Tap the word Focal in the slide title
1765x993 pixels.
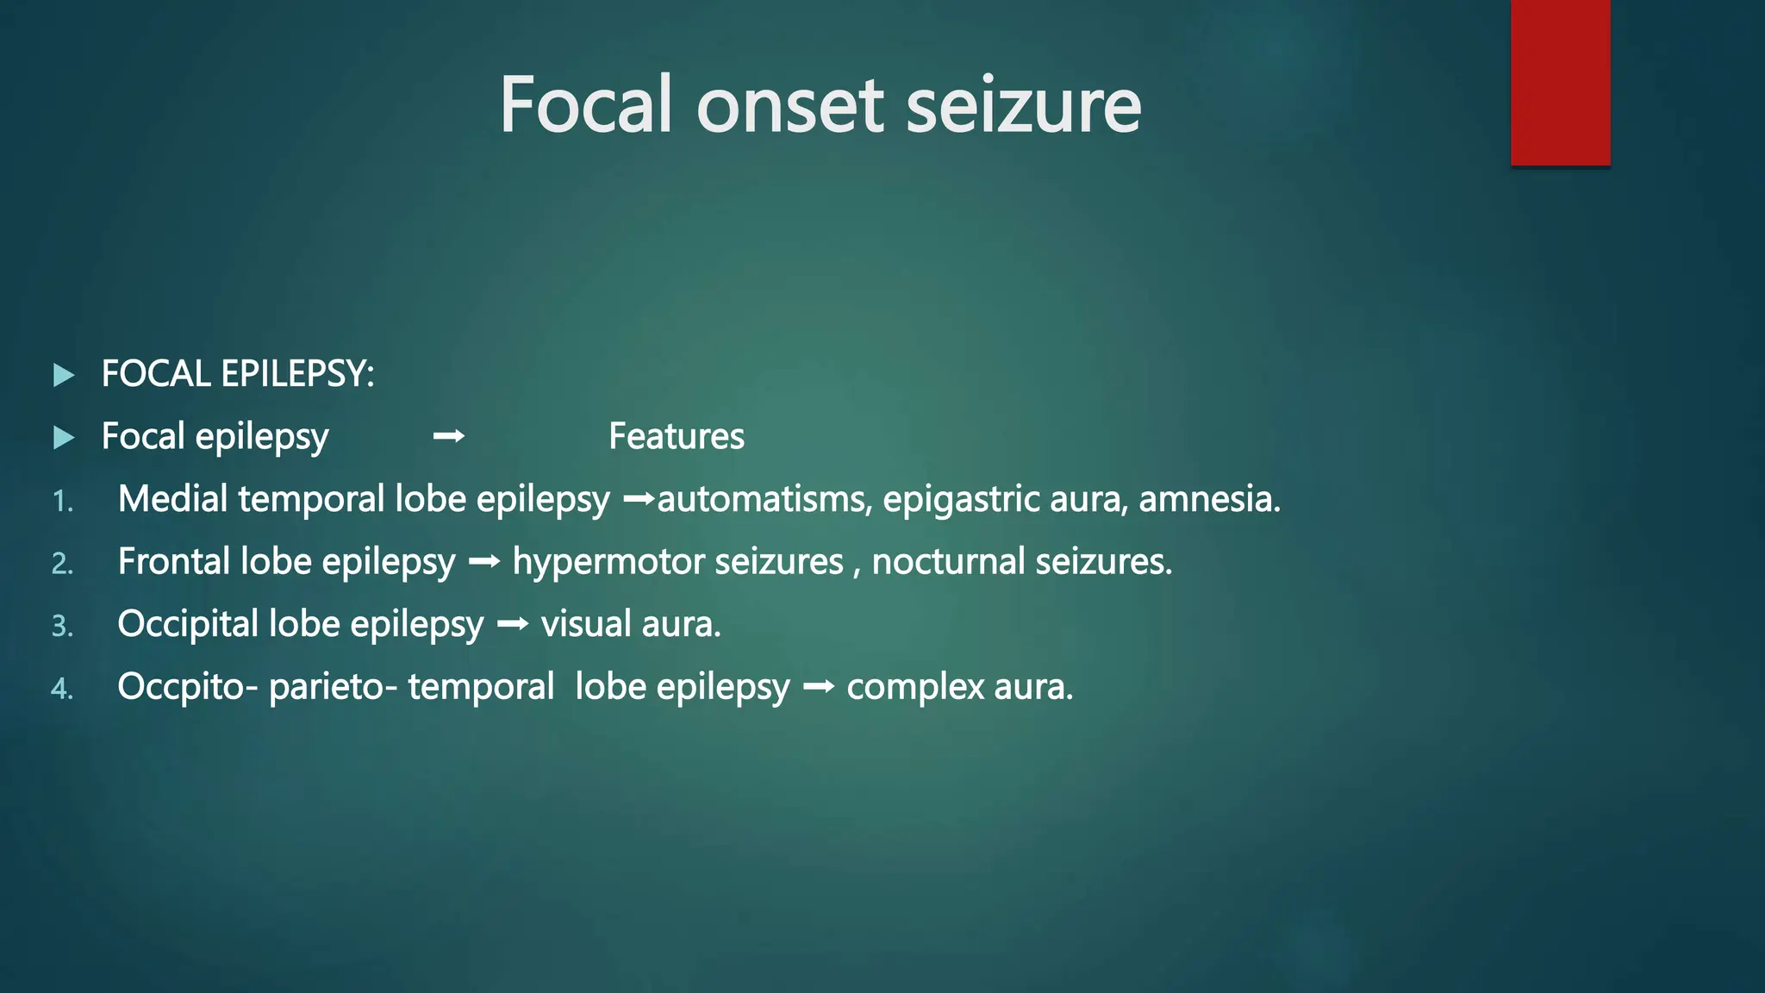click(586, 105)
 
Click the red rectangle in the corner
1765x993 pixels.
click(1560, 83)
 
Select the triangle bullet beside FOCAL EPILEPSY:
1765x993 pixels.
click(64, 375)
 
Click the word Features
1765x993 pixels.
click(677, 436)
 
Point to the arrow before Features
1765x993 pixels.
click(448, 437)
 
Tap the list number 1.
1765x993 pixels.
click(62, 501)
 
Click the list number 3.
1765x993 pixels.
click(62, 626)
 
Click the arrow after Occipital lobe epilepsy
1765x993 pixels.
click(513, 624)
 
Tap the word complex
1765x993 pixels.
click(915, 688)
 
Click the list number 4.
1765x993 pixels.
click(62, 689)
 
